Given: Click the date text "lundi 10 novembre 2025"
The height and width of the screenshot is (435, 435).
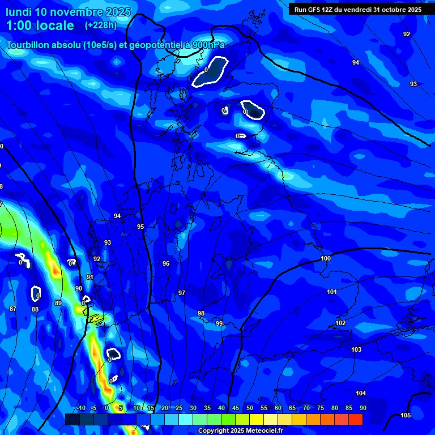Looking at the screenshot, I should coord(68,12).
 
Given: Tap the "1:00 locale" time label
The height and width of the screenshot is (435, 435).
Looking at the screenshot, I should coord(40,25).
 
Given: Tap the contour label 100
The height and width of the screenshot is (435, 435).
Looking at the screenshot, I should coord(326,258).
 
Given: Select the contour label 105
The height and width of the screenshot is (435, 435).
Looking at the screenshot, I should coord(406,415).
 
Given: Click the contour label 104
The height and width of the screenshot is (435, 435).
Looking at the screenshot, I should coord(361,393).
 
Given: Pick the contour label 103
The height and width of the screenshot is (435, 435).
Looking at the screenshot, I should coord(356,349).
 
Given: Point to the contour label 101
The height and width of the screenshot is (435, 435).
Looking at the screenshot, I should coord(332,292).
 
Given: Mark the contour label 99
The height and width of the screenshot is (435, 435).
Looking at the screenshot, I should coord(219,323).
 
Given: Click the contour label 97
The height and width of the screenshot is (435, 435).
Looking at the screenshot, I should coord(182,293).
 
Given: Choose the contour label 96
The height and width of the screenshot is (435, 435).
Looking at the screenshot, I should coord(166,263).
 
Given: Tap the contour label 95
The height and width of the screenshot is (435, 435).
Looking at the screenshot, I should coord(140,227).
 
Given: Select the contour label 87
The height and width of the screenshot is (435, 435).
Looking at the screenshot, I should coord(13,309).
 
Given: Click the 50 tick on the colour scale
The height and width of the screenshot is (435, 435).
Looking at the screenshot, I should coord(250,408).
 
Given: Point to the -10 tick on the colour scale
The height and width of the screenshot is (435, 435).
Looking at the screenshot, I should coord(80,408).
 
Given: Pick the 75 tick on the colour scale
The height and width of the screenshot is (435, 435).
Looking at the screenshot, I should coord(321,408).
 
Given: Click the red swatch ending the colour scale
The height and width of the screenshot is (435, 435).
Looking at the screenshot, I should coord(356,419).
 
